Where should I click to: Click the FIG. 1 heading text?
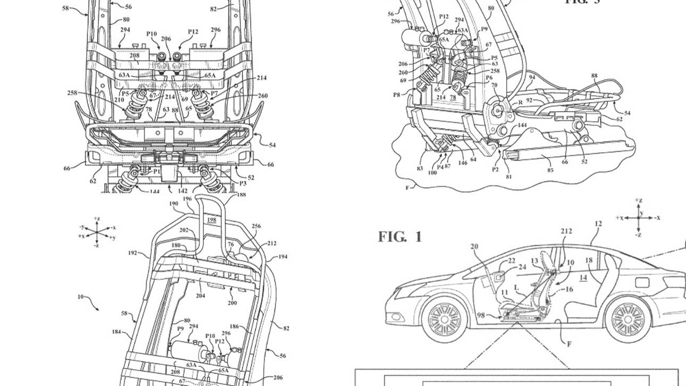pyautogui.click(x=400, y=237)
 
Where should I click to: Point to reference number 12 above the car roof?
pyautogui.click(x=598, y=224)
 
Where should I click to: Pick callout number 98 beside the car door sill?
pyautogui.click(x=481, y=316)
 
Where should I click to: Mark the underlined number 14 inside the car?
pyautogui.click(x=583, y=278)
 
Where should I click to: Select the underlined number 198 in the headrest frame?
pyautogui.click(x=212, y=220)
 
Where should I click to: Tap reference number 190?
pyautogui.click(x=173, y=204)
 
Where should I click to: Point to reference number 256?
pyautogui.click(x=256, y=226)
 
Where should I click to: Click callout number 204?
pyautogui.click(x=200, y=296)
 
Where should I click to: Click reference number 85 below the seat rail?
pyautogui.click(x=550, y=171)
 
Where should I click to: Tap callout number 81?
pyautogui.click(x=509, y=177)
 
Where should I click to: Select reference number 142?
pyautogui.click(x=182, y=190)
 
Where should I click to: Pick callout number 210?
pyautogui.click(x=119, y=99)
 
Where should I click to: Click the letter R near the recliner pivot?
pyautogui.click(x=520, y=102)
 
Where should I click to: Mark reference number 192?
pyautogui.click(x=133, y=253)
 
